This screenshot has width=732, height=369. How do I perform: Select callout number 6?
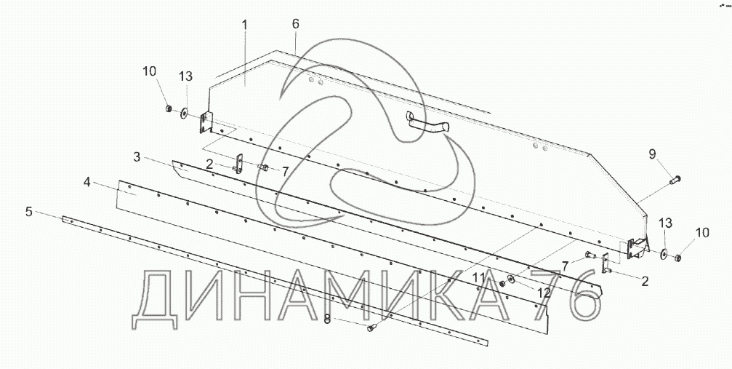[295, 24]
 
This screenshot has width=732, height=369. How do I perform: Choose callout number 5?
[28, 212]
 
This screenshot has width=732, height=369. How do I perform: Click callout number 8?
[327, 319]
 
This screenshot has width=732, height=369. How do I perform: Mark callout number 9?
[653, 154]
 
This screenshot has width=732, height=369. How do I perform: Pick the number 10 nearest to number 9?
[701, 233]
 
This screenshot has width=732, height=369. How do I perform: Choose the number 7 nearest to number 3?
[285, 170]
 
